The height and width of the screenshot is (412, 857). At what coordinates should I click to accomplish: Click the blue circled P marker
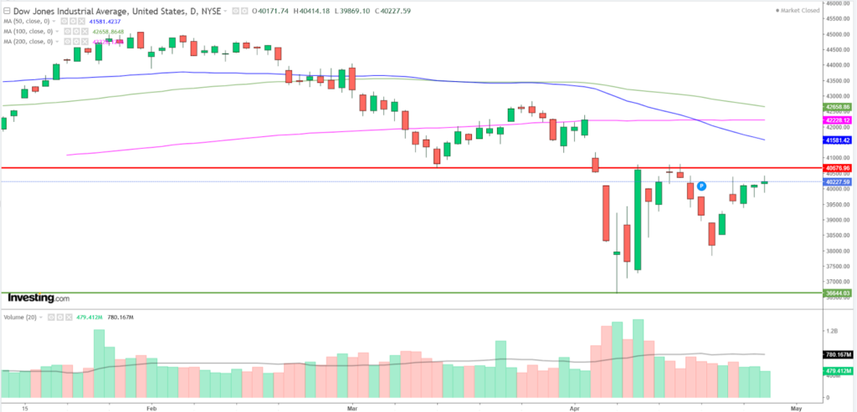point(701,185)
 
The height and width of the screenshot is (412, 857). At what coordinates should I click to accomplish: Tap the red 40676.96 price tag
point(838,168)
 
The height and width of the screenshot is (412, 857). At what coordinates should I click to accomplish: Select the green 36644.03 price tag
point(838,293)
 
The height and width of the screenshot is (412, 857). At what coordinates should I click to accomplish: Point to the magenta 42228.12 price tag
point(838,120)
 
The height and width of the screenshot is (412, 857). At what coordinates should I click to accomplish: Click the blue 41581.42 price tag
point(838,140)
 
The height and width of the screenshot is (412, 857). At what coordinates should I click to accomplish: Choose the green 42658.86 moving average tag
point(838,107)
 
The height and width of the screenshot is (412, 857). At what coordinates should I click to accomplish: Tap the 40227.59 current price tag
point(838,182)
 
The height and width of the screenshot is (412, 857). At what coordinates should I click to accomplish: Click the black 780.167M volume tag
point(838,354)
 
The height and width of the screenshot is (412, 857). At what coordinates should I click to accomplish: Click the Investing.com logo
point(38,298)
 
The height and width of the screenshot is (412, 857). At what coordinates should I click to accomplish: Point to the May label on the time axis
point(796,407)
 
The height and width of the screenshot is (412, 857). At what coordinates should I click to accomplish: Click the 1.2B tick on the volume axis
point(831,332)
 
